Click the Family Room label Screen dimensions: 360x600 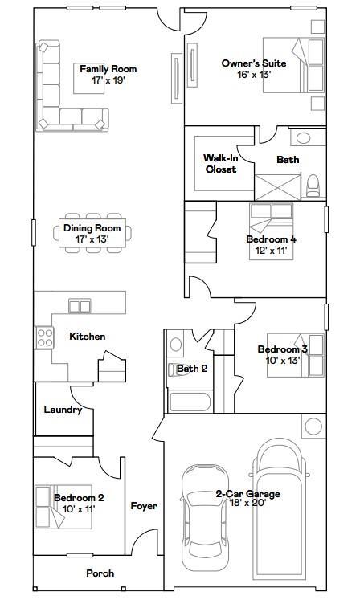coord(108,69)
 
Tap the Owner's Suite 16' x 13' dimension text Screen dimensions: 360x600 coord(254,75)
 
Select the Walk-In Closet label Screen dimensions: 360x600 coord(221,164)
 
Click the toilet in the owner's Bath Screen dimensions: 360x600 coord(313,186)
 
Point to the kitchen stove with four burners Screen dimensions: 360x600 coord(45,337)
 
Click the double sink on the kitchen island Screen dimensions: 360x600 coord(80,306)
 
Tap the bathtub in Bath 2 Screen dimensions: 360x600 coord(190,402)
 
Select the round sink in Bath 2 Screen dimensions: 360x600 coord(176,345)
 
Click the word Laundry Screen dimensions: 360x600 coord(63,410)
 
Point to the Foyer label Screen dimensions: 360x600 coord(144,506)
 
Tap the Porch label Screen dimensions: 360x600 coord(100,573)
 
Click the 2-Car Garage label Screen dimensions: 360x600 coord(247,494)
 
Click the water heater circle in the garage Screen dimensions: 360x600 coord(313,427)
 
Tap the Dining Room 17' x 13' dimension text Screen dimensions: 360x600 coord(92,239)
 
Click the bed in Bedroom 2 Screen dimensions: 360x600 coord(63,507)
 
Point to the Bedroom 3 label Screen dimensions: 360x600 coord(282,349)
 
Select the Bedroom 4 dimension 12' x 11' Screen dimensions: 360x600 coord(271,251)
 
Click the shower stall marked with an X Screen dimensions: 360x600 coord(278,187)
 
